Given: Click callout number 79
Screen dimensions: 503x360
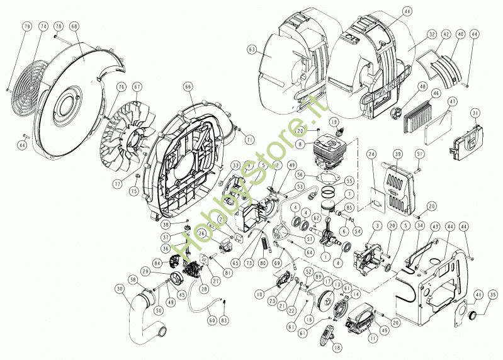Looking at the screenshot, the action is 26,26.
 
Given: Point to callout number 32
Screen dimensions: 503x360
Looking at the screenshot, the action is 431,34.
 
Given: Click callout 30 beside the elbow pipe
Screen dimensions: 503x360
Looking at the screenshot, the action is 119,289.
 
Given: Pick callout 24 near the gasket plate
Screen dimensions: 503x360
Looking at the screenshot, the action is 371,154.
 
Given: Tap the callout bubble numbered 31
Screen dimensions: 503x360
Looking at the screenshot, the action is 475,113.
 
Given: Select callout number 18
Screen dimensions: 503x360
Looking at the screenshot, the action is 337,347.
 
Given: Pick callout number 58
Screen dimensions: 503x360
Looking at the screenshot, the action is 133,280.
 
